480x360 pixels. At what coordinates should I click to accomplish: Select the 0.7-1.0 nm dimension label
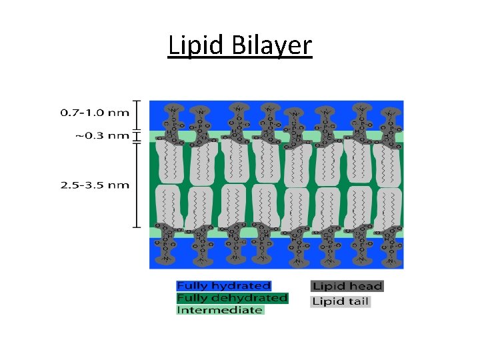(x=94, y=113)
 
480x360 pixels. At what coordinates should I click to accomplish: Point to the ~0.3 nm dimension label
(x=101, y=136)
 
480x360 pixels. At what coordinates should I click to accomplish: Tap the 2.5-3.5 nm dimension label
(x=94, y=185)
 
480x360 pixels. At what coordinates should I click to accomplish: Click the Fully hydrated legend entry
(x=223, y=286)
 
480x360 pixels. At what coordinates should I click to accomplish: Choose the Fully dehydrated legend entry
(x=232, y=298)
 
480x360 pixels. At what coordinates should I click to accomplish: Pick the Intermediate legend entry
(x=220, y=310)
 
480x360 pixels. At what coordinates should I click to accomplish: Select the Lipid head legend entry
(x=347, y=287)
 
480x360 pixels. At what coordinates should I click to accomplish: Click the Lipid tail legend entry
(x=341, y=301)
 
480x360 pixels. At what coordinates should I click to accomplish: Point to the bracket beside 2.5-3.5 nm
(x=136, y=185)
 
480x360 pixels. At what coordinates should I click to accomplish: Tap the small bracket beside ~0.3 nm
(x=136, y=137)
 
